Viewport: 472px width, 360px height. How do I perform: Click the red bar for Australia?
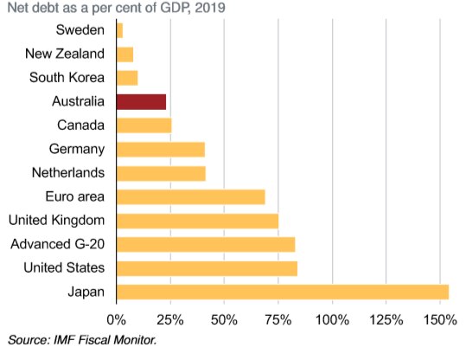point(140,102)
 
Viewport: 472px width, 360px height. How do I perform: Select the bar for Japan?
point(282,291)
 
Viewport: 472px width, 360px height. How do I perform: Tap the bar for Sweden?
point(119,31)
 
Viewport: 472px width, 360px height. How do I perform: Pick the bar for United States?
point(206,267)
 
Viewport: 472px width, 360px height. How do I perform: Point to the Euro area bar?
point(189,196)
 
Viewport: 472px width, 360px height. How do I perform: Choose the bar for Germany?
point(160,149)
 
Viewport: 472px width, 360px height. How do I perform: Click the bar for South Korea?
point(126,78)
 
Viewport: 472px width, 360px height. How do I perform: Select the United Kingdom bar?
point(196,220)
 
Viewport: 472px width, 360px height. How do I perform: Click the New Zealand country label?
point(66,55)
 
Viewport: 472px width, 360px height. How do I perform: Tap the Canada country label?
point(81,125)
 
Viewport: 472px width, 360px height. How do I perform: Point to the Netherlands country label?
point(68,172)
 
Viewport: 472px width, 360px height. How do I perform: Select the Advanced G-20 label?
point(58,243)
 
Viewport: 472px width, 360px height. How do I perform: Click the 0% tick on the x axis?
point(116,320)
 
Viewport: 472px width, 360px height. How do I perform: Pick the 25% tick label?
point(169,320)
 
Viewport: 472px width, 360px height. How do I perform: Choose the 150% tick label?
point(440,320)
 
